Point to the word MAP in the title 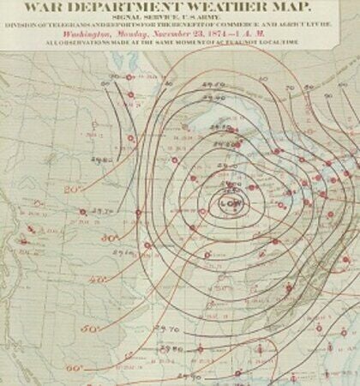[x=304, y=9]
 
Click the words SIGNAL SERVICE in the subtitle [x=164, y=25]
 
